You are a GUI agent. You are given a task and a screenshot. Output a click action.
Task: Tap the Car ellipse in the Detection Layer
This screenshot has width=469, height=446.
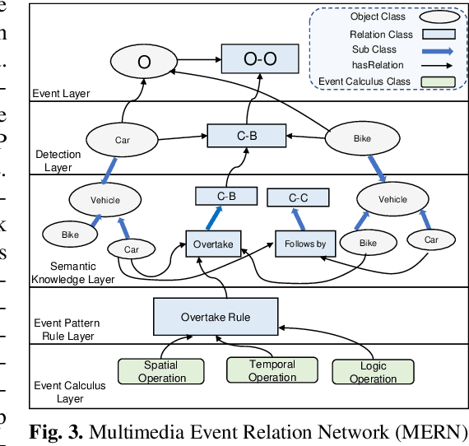123,139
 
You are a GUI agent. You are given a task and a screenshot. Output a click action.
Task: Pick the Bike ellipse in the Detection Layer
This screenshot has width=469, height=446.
362,139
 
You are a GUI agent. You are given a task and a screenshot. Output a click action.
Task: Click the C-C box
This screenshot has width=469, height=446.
298,197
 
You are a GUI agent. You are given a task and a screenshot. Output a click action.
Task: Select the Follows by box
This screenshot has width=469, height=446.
305,244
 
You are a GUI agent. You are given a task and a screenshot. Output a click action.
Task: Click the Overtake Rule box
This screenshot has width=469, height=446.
216,317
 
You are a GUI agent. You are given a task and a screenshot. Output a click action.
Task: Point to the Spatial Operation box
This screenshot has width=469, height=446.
161,372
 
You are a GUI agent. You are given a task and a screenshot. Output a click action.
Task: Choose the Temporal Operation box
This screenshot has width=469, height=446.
272,371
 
